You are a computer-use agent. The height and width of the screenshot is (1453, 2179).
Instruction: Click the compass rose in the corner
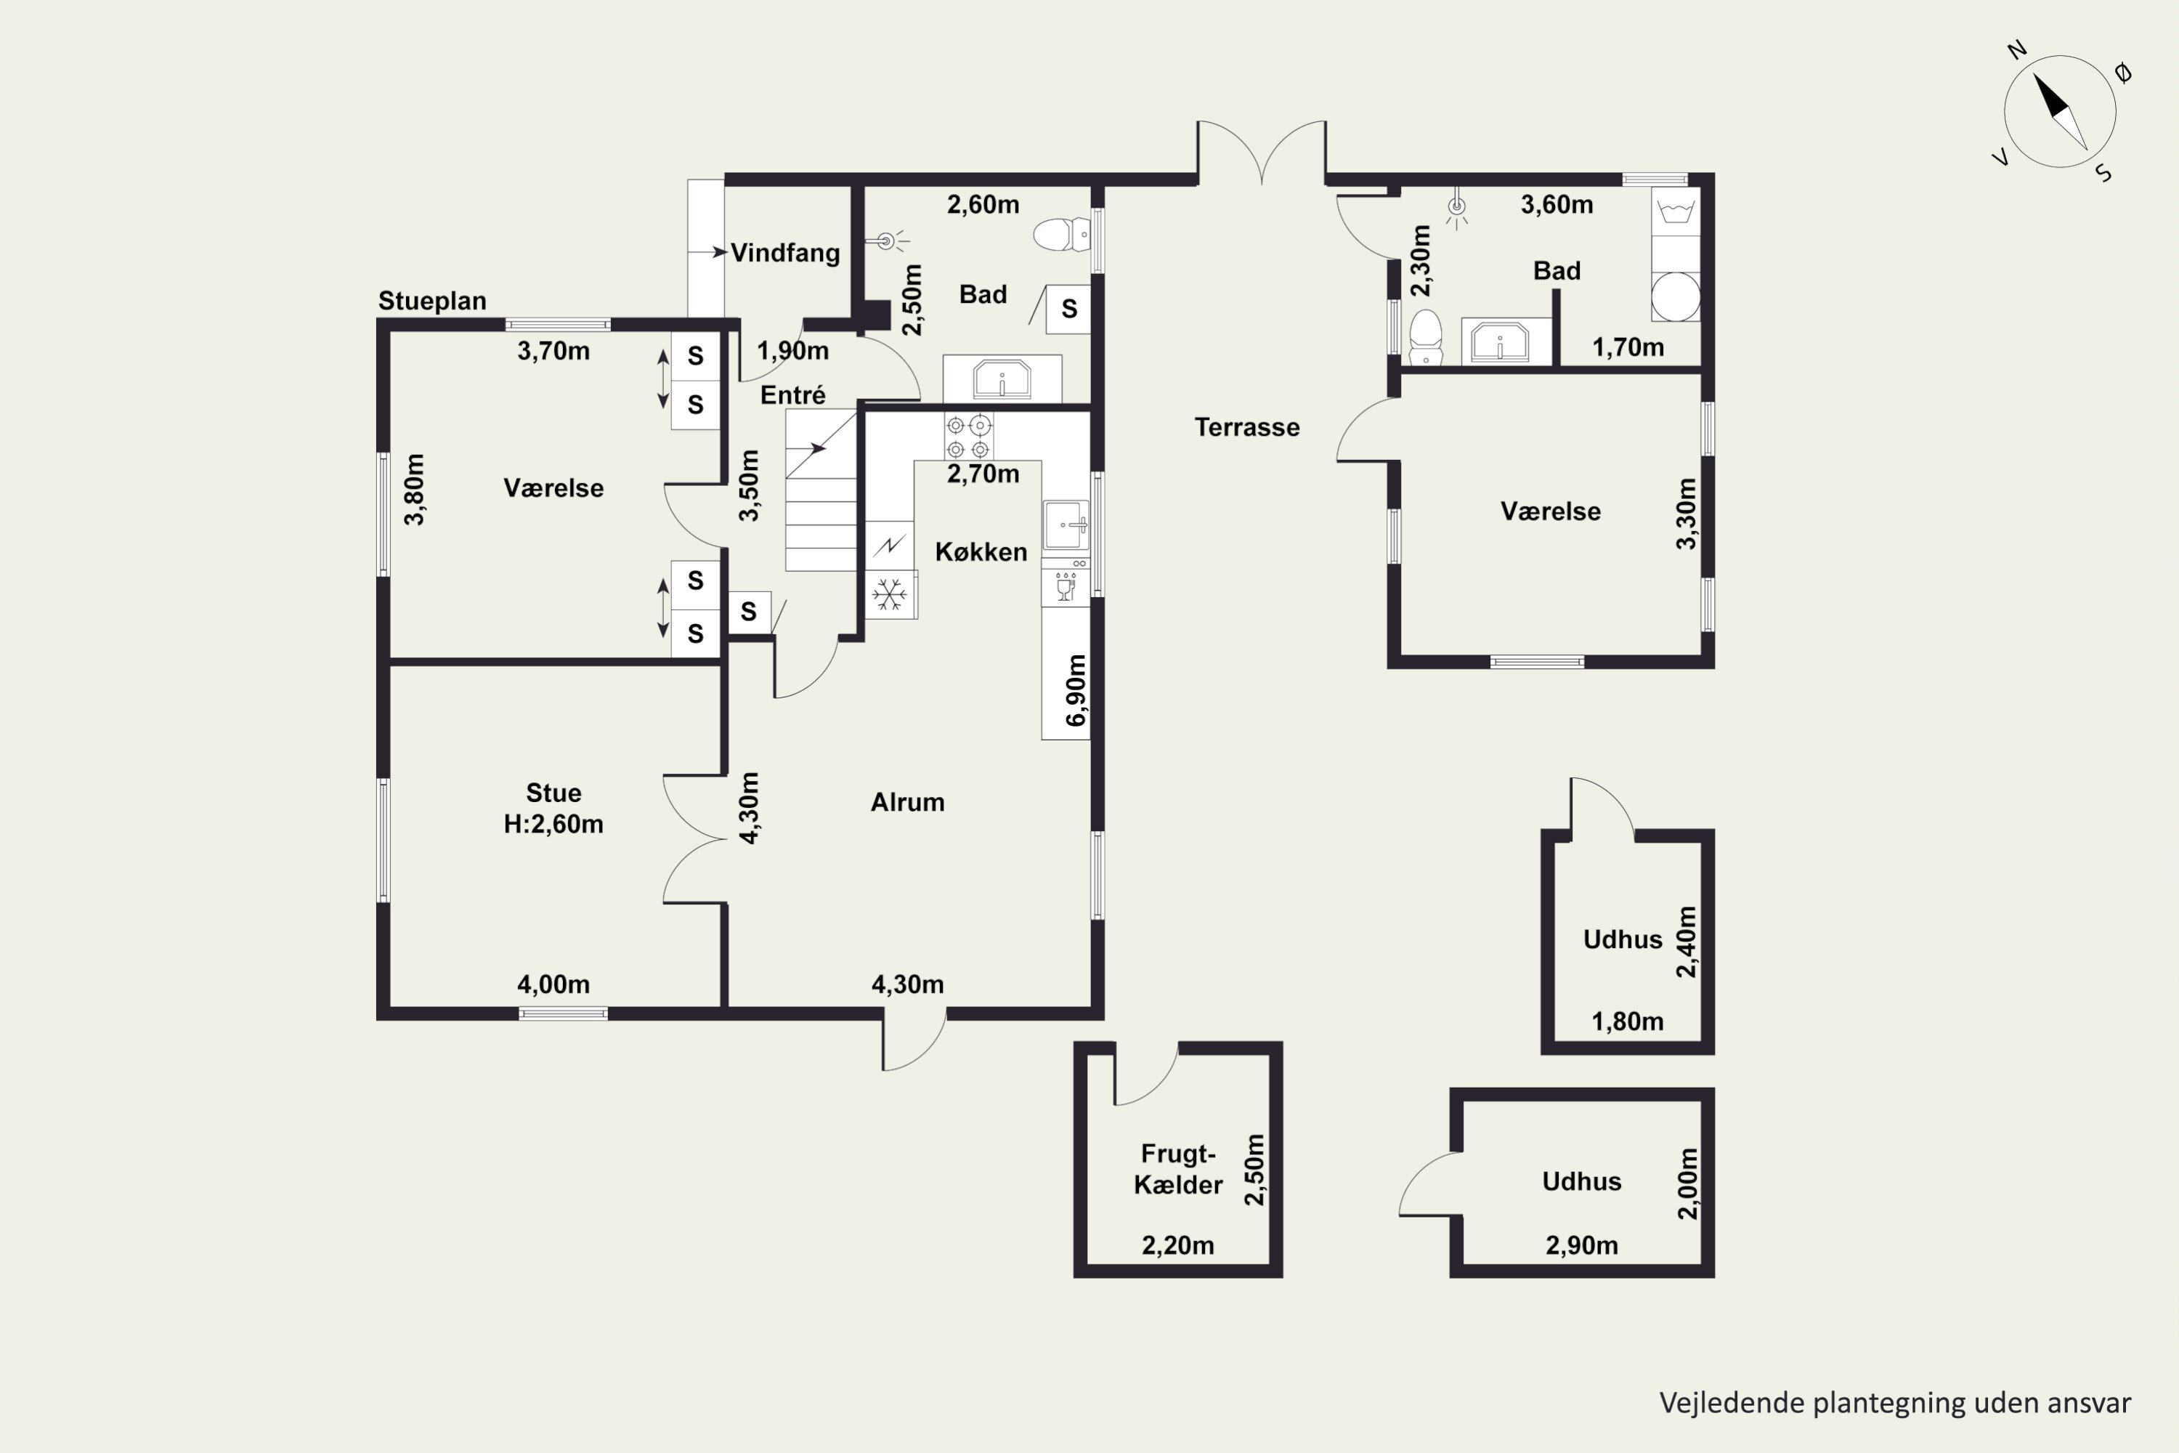pyautogui.click(x=2059, y=111)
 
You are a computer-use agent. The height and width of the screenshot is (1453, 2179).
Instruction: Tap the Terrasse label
pyautogui.click(x=1247, y=427)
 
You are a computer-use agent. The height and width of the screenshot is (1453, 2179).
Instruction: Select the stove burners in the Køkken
pyautogui.click(x=968, y=437)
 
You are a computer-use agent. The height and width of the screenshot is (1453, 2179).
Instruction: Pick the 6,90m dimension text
pyautogui.click(x=1076, y=690)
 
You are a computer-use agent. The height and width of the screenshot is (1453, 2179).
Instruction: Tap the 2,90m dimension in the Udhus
pyautogui.click(x=1581, y=1245)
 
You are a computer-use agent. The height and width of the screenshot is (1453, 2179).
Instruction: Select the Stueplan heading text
pyautogui.click(x=431, y=301)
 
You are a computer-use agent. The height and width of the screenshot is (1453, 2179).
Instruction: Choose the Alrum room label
pyautogui.click(x=907, y=803)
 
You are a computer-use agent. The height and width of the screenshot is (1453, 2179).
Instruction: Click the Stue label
pyautogui.click(x=553, y=793)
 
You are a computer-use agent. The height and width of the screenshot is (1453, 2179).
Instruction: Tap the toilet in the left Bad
pyautogui.click(x=1062, y=235)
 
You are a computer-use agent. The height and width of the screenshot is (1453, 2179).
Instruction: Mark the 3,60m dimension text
pyautogui.click(x=1557, y=205)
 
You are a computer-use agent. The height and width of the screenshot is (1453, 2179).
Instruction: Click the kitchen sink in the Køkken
pyautogui.click(x=1066, y=525)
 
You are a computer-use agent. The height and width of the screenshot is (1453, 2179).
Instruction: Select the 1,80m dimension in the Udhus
pyautogui.click(x=1627, y=1022)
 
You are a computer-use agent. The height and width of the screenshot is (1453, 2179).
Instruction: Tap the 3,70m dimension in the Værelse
pyautogui.click(x=553, y=351)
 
